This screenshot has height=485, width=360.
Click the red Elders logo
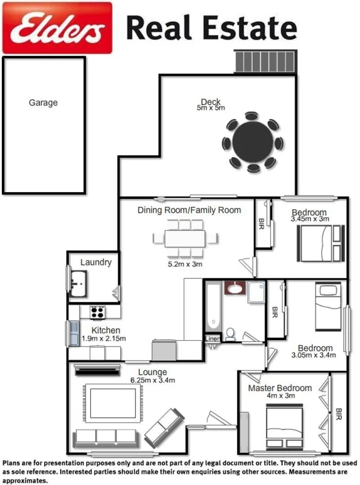click(58, 27)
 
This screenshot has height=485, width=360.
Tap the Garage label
click(43, 102)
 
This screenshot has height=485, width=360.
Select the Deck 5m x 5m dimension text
click(210, 108)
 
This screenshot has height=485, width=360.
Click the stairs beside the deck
click(267, 62)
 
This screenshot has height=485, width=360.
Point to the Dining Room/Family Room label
click(189, 210)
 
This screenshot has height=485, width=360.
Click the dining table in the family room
click(184, 238)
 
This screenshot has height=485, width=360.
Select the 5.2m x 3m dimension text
click(185, 264)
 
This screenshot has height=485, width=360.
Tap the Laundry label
click(96, 263)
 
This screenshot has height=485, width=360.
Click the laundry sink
click(78, 283)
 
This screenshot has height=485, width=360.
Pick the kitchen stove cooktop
click(98, 312)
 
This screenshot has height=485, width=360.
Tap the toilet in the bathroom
click(231, 333)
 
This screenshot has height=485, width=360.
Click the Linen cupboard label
click(213, 339)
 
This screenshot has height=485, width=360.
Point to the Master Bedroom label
click(280, 388)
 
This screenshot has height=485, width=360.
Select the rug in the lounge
click(112, 404)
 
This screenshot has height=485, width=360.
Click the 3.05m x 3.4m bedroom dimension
click(313, 356)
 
